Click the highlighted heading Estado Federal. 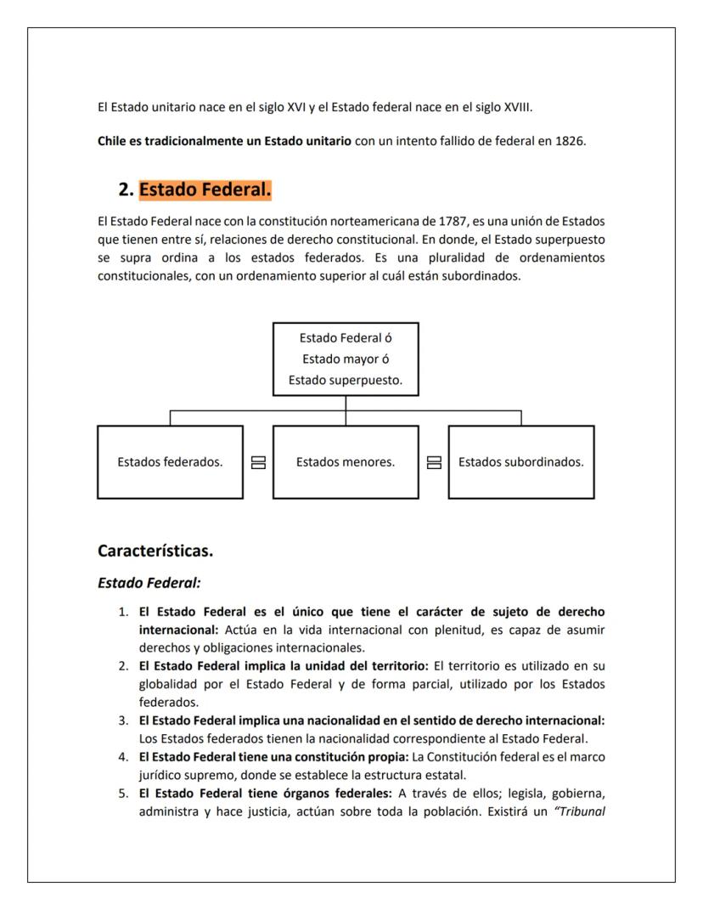[205, 190]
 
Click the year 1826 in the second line [569, 141]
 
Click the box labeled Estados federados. [170, 462]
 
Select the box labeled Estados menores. [345, 462]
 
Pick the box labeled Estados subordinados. [520, 462]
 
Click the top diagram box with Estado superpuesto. [345, 359]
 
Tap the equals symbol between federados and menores [258, 462]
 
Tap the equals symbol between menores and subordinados [433, 462]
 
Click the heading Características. [155, 551]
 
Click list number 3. [124, 720]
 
